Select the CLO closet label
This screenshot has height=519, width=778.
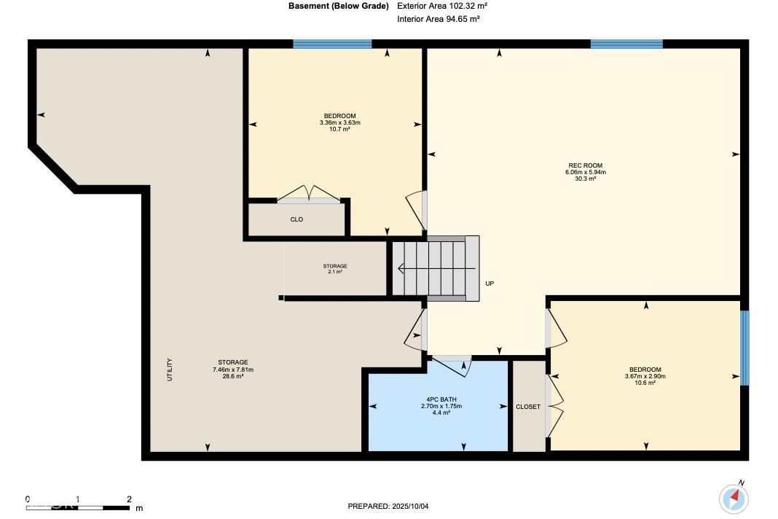pos(296,219)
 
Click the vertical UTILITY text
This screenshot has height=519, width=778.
pos(170,370)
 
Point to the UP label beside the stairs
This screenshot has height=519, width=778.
pos(490,284)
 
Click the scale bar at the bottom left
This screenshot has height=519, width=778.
pos(78,507)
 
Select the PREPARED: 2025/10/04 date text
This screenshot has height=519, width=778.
pos(388,507)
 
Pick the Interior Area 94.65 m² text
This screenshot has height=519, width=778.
pos(438,20)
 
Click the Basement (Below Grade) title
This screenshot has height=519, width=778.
pos(339,7)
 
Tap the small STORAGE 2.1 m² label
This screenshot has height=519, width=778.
pos(335,269)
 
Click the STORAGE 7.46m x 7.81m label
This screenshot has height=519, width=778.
pos(232,370)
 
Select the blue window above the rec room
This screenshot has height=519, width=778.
pos(626,44)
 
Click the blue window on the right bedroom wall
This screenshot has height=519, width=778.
pos(744,348)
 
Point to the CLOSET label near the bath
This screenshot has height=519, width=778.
pos(528,407)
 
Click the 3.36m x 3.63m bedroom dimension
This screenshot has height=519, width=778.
pos(340,122)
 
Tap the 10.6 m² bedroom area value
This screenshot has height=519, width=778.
pos(645,383)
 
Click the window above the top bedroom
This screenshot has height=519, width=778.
pos(332,44)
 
